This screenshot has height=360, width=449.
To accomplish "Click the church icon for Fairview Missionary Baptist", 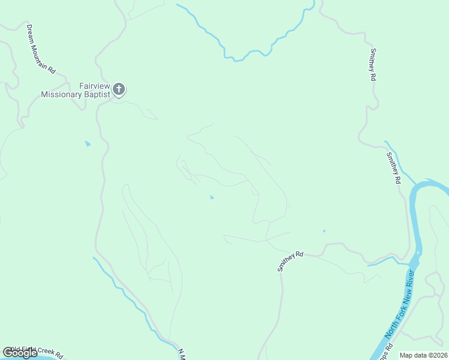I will (x=119, y=90).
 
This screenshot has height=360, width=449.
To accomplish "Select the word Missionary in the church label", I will (x=61, y=94).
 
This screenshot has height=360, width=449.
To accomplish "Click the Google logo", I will (x=20, y=353).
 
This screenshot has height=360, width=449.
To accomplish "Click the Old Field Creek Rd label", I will (x=36, y=351).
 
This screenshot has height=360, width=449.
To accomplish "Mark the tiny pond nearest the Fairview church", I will (x=88, y=144).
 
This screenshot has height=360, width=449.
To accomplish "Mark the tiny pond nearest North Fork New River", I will (x=324, y=231).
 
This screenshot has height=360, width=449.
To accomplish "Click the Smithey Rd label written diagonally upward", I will (x=291, y=262).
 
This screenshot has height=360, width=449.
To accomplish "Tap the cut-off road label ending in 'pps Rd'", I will (x=385, y=352).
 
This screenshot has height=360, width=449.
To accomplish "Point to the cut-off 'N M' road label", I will (x=181, y=354).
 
